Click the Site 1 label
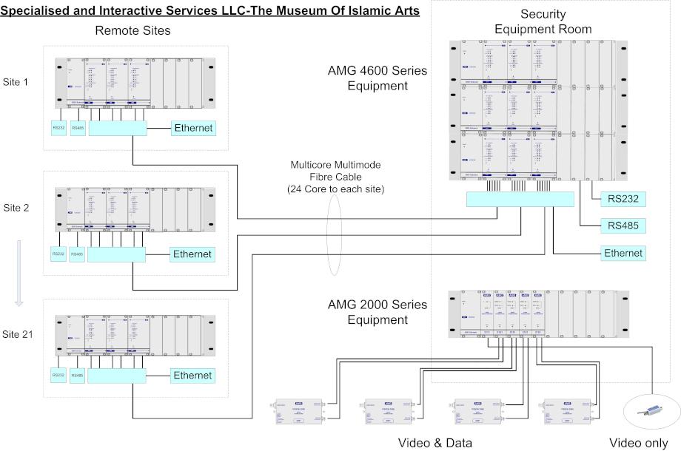(16, 81)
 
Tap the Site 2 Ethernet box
(192, 254)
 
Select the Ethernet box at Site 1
(193, 128)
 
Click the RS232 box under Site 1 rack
(59, 128)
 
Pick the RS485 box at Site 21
(78, 375)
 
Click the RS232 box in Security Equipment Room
(623, 198)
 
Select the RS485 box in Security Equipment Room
(623, 225)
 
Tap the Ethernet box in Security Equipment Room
(623, 253)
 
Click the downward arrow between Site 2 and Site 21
(19, 273)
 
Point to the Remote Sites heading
(132, 30)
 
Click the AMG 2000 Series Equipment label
(378, 313)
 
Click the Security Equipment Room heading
(543, 21)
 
